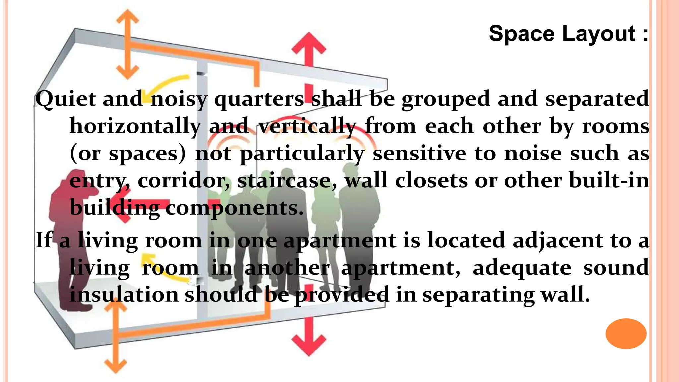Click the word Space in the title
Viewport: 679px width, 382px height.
pyautogui.click(x=522, y=34)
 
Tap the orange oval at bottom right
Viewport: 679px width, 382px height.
pyautogui.click(x=626, y=333)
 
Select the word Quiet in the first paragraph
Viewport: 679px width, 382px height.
pyautogui.click(x=66, y=99)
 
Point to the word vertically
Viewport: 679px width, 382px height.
pyautogui.click(x=307, y=126)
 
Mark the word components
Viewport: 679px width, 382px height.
pyautogui.click(x=234, y=208)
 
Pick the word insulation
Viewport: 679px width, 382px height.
pyautogui.click(x=124, y=295)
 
